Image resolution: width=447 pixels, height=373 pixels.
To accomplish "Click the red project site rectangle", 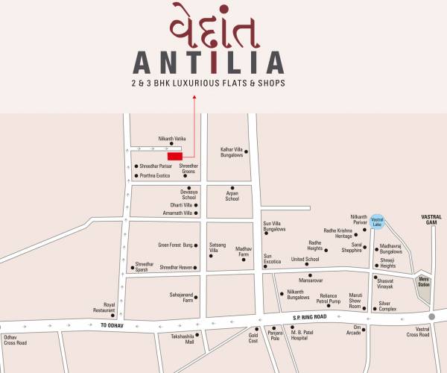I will (175, 155).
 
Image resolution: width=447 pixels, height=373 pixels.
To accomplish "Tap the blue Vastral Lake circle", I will (378, 222).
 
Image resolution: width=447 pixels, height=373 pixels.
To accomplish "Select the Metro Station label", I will (424, 283).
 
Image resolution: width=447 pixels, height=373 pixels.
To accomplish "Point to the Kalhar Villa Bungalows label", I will (232, 152).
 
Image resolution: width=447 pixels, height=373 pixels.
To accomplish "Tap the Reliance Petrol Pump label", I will (329, 299).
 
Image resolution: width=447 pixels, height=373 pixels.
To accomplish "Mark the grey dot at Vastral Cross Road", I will (431, 316).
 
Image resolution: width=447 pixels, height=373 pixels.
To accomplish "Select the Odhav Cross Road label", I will (15, 340).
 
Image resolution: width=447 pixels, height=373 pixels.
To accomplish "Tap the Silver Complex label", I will (388, 306).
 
